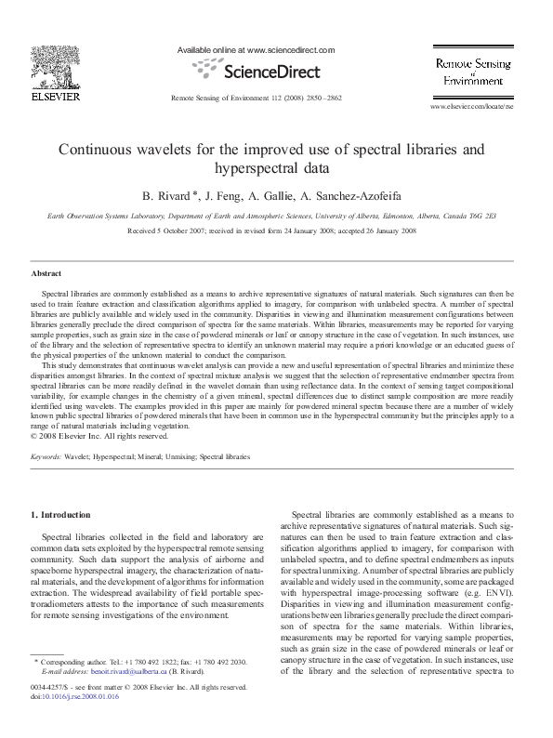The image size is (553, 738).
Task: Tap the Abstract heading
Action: click(46, 275)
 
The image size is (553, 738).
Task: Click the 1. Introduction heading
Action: click(61, 514)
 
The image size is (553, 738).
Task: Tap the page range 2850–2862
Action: click(322, 98)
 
